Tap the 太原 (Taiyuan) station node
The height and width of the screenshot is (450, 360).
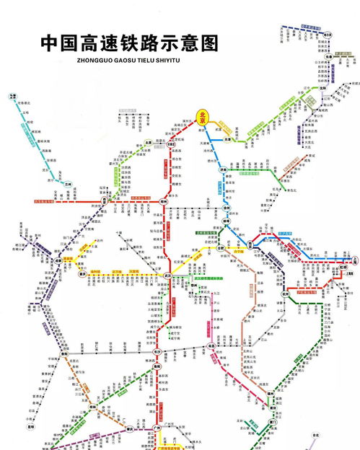click(x=146, y=144)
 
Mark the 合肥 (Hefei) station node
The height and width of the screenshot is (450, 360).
click(x=219, y=247)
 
